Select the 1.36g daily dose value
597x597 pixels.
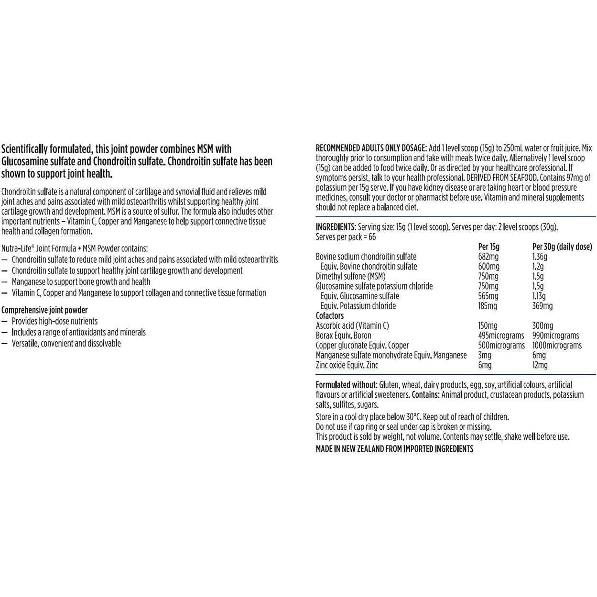[540, 257]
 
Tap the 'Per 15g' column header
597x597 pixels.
[488, 247]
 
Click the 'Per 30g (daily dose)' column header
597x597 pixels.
[562, 247]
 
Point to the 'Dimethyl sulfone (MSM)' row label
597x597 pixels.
[350, 276]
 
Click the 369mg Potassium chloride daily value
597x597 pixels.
[542, 306]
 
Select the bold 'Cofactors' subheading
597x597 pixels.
[330, 315]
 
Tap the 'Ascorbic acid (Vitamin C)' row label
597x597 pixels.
[352, 326]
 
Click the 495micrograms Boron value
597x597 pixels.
[501, 336]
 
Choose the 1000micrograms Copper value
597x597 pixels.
[557, 345]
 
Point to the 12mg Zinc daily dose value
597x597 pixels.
[540, 365]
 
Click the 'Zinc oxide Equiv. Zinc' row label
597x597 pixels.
[347, 365]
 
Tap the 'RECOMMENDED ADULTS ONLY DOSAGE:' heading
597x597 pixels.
[371, 148]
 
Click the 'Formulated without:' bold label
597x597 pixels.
[346, 385]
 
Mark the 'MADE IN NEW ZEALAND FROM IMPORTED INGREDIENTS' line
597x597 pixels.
[394, 449]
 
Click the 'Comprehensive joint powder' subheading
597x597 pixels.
[44, 310]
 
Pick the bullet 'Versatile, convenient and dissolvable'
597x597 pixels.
[66, 343]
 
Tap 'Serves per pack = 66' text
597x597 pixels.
[346, 237]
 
